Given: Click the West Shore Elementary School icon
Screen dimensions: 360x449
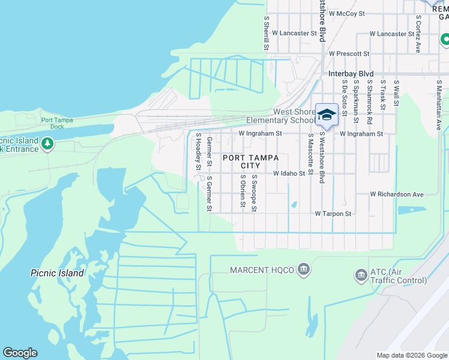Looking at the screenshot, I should click(x=327, y=115).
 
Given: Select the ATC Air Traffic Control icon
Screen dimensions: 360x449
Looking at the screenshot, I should click(x=361, y=275).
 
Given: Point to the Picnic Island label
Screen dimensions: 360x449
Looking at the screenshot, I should click(x=57, y=273).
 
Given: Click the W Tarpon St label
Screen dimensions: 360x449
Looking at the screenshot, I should click(x=333, y=214).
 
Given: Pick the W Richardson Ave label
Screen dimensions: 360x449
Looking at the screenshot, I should click(x=397, y=194).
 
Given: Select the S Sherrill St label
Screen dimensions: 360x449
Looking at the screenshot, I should click(x=266, y=33).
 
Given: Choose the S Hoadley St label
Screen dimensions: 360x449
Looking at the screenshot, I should click(x=197, y=153).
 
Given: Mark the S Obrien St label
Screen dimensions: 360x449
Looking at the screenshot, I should click(x=242, y=191).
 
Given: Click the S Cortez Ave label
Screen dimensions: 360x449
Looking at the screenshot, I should click(x=418, y=34).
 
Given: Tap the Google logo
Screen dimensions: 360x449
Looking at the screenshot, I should click(x=20, y=353).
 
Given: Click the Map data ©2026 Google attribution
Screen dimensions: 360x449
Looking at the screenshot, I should click(x=411, y=355).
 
